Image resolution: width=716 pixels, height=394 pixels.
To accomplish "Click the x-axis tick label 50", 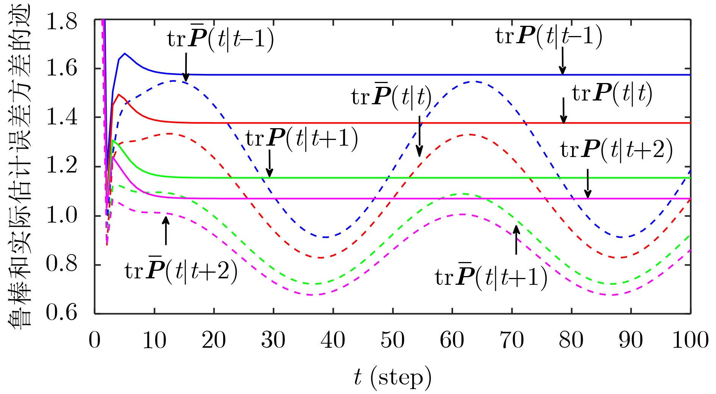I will tap(392, 340).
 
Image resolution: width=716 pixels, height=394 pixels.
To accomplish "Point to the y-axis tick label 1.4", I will tap(61, 118).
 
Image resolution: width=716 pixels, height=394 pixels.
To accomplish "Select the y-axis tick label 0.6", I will tap(61, 313).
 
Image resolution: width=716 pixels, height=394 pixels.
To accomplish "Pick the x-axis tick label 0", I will tap(95, 340).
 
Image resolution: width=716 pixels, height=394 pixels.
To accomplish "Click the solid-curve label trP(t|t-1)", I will tap(549, 37).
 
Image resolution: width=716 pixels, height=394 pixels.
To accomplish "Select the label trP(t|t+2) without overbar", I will tap(616, 150).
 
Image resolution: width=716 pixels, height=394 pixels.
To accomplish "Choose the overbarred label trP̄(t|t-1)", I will tap(220, 39).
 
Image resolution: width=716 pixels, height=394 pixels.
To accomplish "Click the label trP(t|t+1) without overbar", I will tap(302, 139).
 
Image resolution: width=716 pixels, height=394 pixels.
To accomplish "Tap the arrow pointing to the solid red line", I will tap(564, 110).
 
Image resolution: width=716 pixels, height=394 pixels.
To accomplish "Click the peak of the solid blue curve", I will tap(125, 53).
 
